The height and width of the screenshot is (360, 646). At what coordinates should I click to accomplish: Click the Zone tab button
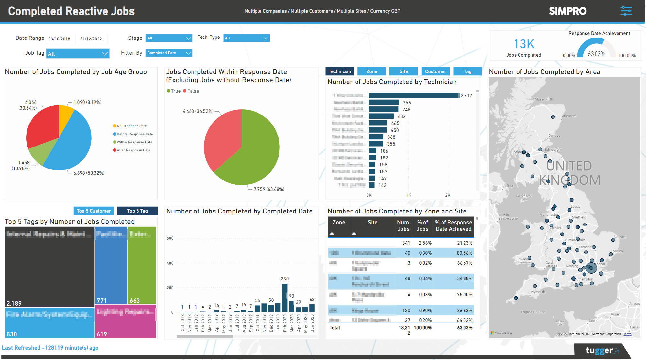[371, 71]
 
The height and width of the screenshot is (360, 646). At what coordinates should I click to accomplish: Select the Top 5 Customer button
[94, 211]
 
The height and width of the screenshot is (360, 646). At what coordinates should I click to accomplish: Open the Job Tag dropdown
[78, 54]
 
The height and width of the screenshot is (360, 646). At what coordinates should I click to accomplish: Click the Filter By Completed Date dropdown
[169, 53]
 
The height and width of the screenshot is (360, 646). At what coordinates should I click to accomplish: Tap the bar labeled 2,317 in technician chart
[413, 95]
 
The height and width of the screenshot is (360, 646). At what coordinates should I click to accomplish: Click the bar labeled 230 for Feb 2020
[285, 298]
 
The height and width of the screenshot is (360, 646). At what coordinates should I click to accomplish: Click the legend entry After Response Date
[133, 150]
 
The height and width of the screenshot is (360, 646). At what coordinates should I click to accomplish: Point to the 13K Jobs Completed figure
[524, 44]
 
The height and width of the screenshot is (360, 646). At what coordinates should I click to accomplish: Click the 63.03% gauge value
[597, 54]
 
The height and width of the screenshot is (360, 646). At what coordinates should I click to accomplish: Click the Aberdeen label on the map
[569, 116]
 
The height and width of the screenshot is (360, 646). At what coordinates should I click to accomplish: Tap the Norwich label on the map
[620, 237]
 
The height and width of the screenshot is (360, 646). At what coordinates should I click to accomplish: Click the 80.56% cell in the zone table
[465, 253]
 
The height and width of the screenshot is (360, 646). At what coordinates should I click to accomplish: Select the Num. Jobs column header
[403, 225]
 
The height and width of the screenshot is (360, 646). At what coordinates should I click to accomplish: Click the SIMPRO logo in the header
[568, 11]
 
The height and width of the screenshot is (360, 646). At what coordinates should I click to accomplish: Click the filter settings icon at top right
[626, 11]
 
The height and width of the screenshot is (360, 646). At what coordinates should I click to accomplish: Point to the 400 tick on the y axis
[170, 263]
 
